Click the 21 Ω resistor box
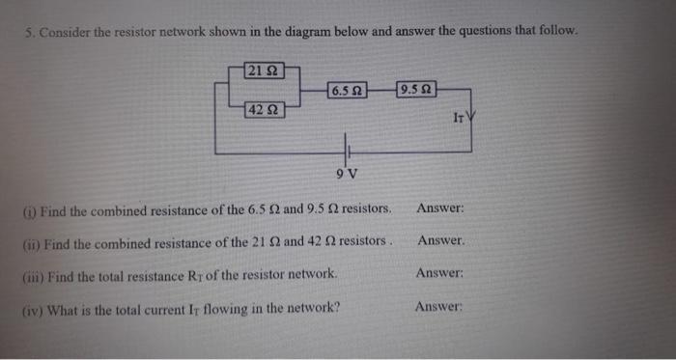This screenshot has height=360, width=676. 262,69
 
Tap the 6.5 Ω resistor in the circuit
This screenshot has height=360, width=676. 346,91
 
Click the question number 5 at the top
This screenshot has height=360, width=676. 29,32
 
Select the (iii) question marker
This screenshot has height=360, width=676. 32,276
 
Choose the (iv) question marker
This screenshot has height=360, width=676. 33,310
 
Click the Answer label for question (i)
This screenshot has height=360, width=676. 441,208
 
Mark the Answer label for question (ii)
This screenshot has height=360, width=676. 440,240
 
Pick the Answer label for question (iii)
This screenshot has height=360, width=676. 440,273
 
